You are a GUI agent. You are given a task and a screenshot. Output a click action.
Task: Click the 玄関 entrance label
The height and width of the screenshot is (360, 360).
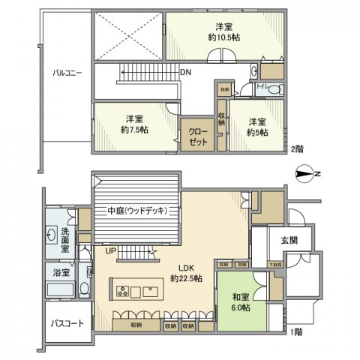pyautogui.click(x=289, y=241)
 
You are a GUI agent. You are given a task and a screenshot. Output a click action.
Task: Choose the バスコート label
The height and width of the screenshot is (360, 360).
pyautogui.click(x=67, y=323)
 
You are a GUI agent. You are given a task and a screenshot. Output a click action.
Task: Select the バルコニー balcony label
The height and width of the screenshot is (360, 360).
pyautogui.click(x=67, y=73)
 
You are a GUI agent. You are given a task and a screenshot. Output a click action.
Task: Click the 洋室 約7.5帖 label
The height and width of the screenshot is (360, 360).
pyautogui.click(x=135, y=124)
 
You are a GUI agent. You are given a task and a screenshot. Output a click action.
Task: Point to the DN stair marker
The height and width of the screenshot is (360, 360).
pyautogui.click(x=185, y=73)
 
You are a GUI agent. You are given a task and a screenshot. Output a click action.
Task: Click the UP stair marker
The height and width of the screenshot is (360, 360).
pyautogui.click(x=110, y=250)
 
